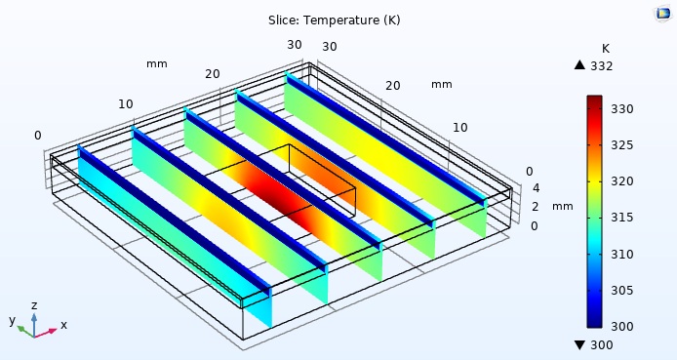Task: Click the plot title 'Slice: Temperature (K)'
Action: pos(334,20)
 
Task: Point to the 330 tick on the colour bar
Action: pos(622,108)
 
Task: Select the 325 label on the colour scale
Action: pos(622,145)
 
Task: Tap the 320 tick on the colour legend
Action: pos(622,181)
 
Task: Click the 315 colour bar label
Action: pos(622,218)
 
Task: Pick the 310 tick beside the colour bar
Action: pos(622,254)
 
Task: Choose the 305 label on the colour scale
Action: pos(622,290)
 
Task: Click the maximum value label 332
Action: pos(602,66)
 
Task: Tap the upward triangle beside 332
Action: pos(579,65)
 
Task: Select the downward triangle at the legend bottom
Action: pos(579,345)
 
